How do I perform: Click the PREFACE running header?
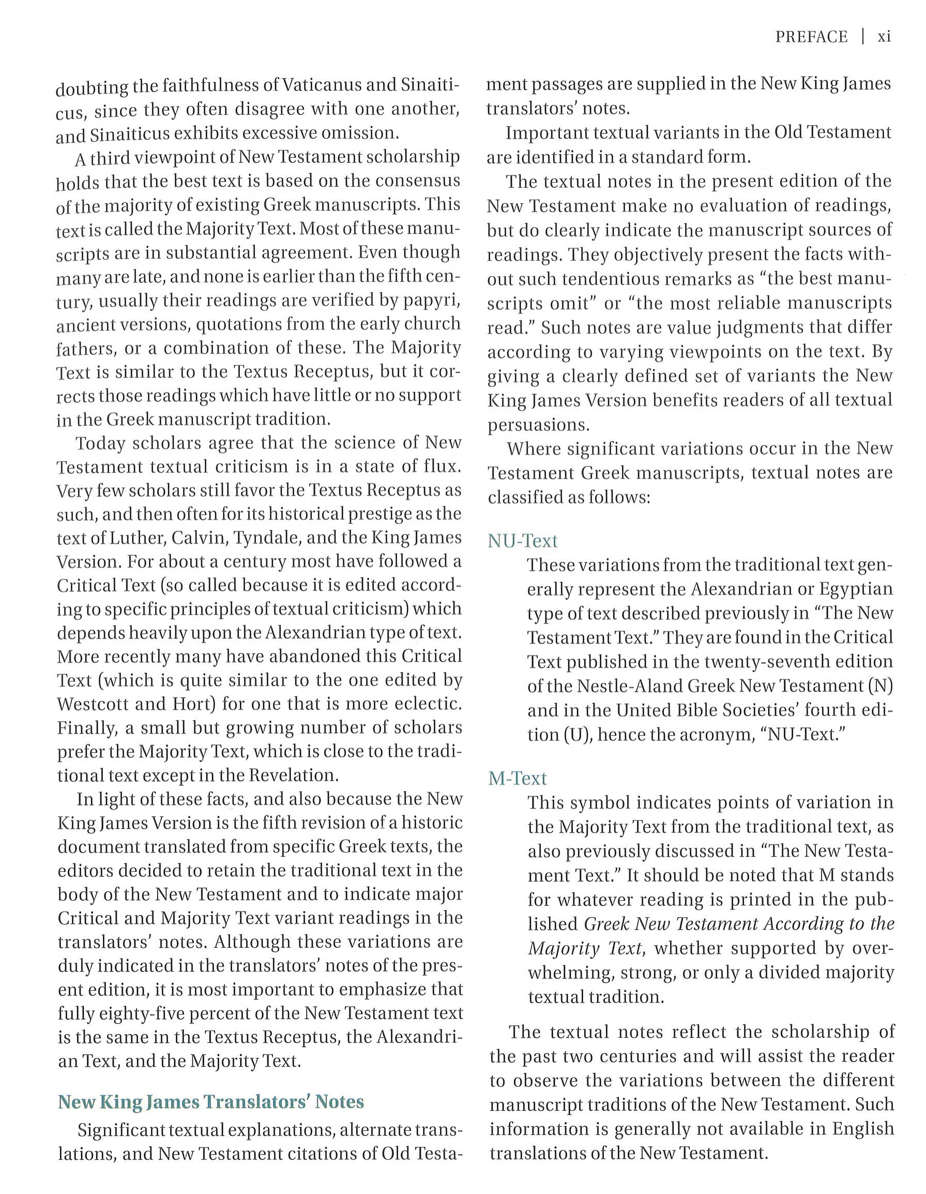811,37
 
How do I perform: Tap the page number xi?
884,37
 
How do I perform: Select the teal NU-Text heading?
522,541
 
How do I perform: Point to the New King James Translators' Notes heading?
211,1101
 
